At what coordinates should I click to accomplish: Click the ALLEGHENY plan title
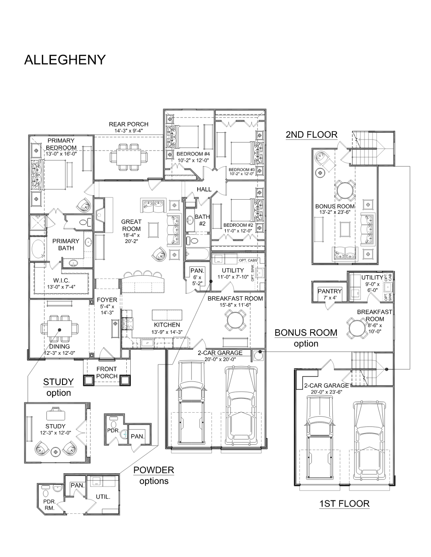pyautogui.click(x=65, y=60)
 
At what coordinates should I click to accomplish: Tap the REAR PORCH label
pyautogui.click(x=128, y=124)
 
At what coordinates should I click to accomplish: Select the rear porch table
pyautogui.click(x=129, y=156)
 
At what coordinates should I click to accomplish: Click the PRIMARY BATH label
pyautogui.click(x=66, y=245)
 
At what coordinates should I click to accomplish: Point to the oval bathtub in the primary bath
pyautogui.click(x=38, y=249)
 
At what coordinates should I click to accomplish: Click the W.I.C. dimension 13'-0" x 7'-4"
pyautogui.click(x=61, y=287)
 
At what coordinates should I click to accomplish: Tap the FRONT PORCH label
pyautogui.click(x=107, y=373)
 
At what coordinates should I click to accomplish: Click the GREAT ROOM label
pyautogui.click(x=131, y=225)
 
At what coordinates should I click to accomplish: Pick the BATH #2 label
pyautogui.click(x=202, y=220)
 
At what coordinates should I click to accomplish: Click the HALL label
pyautogui.click(x=204, y=189)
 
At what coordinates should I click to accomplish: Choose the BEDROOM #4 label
pyautogui.click(x=193, y=154)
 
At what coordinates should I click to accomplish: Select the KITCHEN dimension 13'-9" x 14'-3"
pyautogui.click(x=167, y=332)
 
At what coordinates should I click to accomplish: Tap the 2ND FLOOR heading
pyautogui.click(x=311, y=135)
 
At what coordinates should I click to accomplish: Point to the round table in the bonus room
pyautogui.click(x=345, y=190)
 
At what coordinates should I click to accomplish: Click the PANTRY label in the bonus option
pyautogui.click(x=330, y=291)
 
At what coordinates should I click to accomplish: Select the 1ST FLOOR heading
pyautogui.click(x=344, y=504)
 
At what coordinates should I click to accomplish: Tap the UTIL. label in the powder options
pyautogui.click(x=103, y=496)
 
